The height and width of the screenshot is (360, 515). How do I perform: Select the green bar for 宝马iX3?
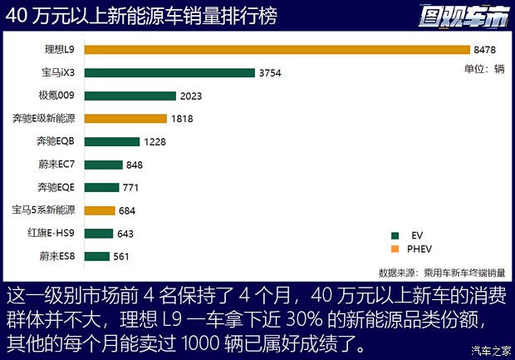[169, 72]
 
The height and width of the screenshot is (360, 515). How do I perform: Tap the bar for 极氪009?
[130, 96]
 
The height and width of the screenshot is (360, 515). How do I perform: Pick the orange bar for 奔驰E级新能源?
[125, 119]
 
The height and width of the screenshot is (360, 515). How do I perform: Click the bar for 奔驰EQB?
[112, 141]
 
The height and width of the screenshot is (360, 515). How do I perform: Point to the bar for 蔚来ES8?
[97, 256]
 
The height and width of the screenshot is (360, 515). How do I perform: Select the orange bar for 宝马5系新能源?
[100, 210]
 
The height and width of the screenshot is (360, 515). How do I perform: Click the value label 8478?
[485, 50]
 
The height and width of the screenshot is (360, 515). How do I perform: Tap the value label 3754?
[271, 73]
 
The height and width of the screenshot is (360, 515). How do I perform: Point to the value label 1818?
[183, 119]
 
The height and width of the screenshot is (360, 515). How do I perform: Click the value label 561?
[121, 256]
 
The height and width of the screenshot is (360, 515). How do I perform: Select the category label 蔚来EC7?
[57, 165]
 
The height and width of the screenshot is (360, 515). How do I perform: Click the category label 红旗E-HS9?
[52, 233]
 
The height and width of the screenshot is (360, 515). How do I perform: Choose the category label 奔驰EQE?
[56, 187]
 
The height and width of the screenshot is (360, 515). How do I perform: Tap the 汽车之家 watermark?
[490, 349]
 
